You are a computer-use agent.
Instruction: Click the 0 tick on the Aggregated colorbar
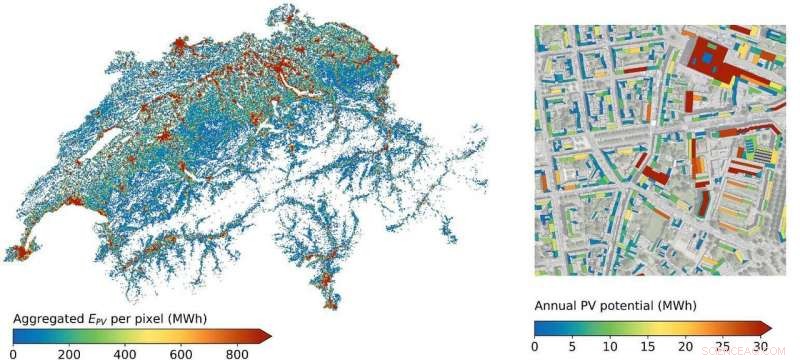12,353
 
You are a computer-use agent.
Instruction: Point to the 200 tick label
69,353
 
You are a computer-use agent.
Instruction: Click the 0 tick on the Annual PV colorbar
534,346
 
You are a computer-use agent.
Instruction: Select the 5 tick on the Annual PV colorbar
573,346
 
